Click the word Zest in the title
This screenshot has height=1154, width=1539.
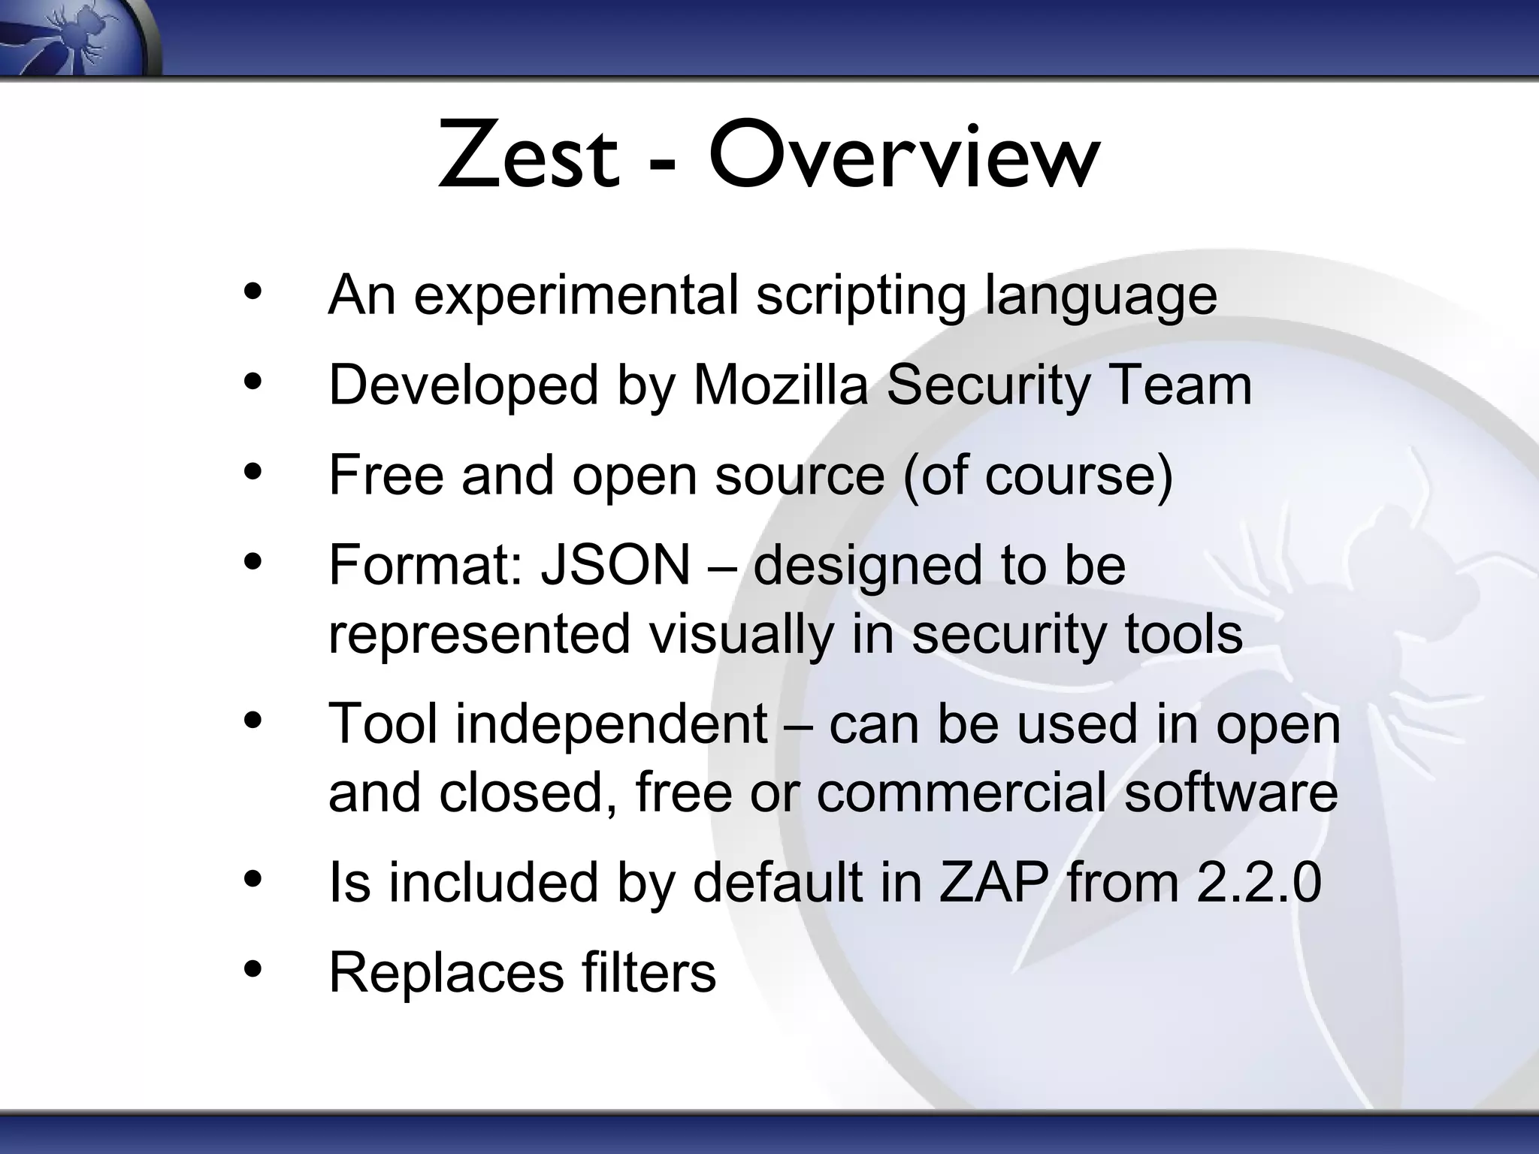[x=528, y=157]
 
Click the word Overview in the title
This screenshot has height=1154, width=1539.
[x=903, y=157]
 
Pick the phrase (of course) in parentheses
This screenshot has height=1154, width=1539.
[x=1037, y=476]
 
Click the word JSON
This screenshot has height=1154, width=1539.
[x=615, y=565]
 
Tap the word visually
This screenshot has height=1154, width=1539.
[x=741, y=634]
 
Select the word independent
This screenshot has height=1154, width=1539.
[x=612, y=724]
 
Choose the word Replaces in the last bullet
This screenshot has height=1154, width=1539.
[x=446, y=973]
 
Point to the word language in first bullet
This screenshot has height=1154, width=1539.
[x=1100, y=296]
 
